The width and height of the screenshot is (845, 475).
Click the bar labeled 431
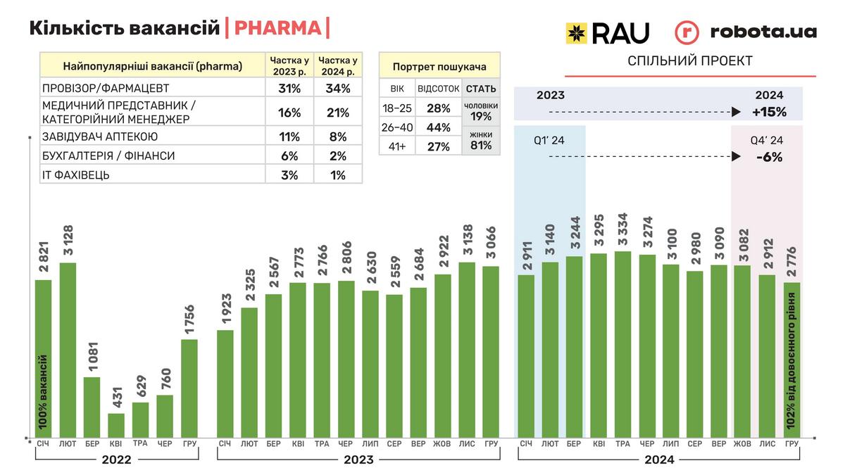[116, 424]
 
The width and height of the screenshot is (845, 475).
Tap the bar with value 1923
[225, 383]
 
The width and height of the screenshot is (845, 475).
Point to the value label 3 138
[465, 241]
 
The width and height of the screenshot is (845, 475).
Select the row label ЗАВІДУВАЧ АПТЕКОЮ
[100, 137]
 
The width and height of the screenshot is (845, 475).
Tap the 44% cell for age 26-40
[438, 127]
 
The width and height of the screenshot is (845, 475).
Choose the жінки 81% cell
[481, 141]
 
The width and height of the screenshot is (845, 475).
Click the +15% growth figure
[769, 112]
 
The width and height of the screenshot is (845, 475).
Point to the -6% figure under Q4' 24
[769, 158]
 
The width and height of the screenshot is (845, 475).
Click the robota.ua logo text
[763, 32]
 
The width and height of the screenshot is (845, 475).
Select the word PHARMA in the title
[277, 28]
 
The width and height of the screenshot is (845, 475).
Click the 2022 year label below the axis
[116, 460]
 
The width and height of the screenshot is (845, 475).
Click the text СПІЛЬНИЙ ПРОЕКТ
[689, 61]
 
